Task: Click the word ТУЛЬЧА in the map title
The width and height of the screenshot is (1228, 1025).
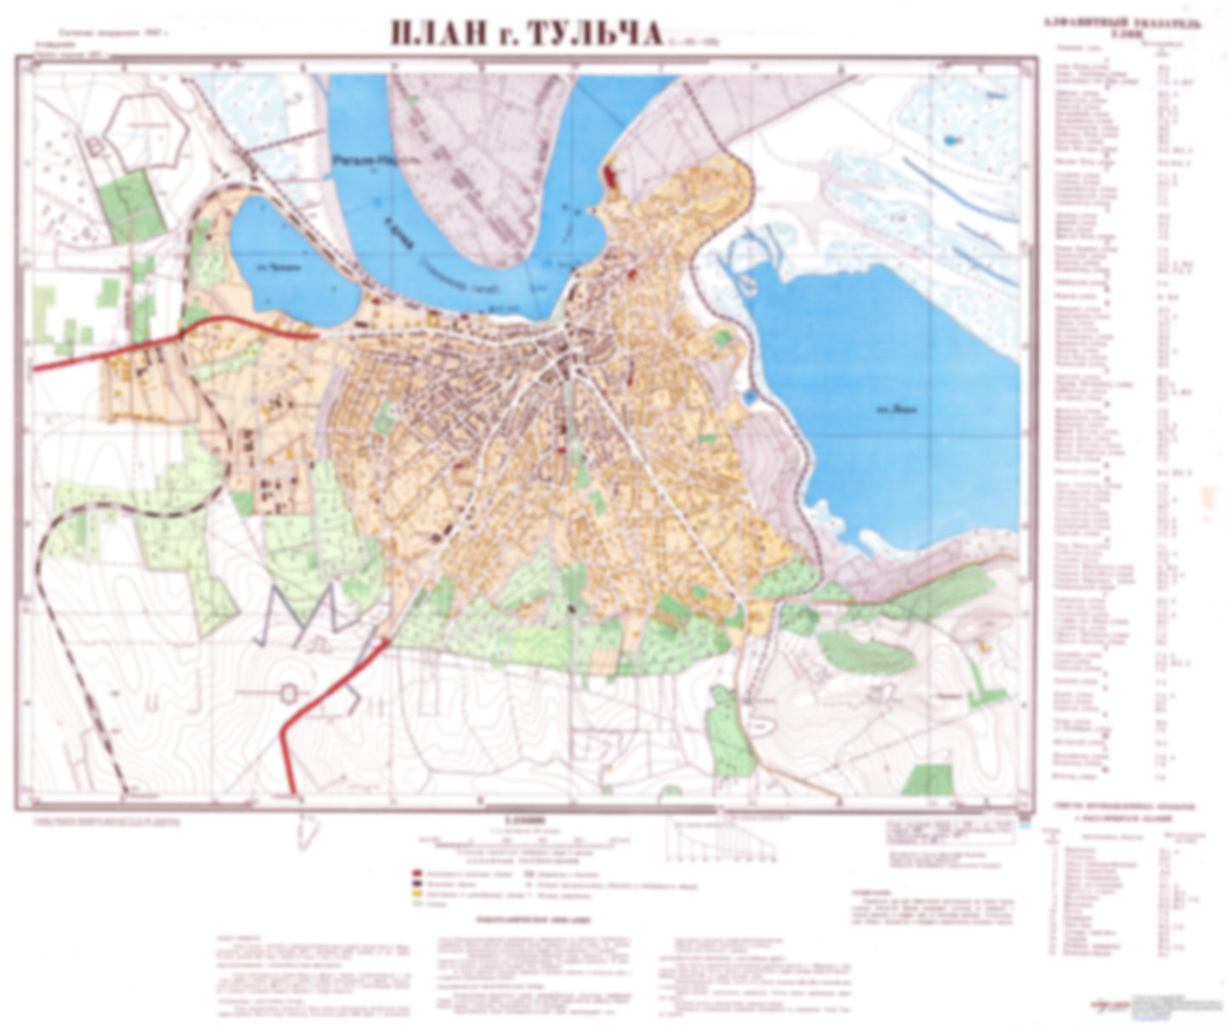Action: coord(594,34)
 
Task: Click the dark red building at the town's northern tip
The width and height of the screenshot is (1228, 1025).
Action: coord(611,178)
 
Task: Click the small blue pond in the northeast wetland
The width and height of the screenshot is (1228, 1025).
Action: coord(948,139)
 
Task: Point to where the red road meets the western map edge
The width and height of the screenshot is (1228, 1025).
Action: coord(36,368)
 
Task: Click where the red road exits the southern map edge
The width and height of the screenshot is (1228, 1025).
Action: coord(294,794)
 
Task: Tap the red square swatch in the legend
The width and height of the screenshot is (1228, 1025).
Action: coord(417,873)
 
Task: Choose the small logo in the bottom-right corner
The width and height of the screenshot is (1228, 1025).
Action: coord(1112,1005)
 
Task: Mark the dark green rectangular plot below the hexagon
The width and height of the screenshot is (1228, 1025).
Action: coord(127,204)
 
